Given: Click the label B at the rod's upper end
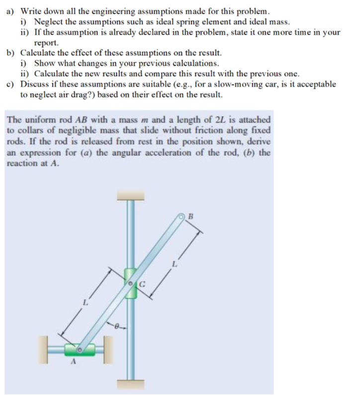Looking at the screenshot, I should pyautogui.click(x=189, y=216).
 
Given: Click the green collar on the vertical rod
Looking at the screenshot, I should pyautogui.click(x=131, y=283).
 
